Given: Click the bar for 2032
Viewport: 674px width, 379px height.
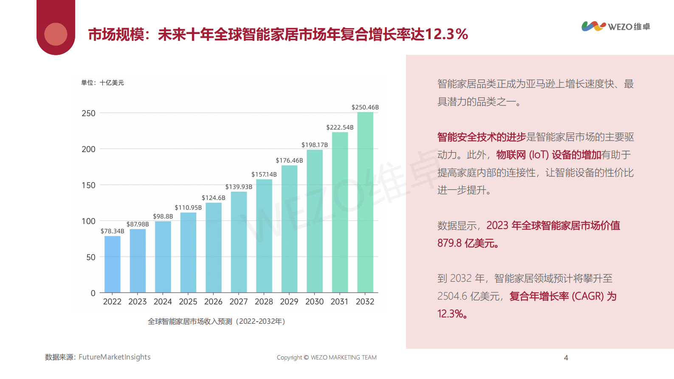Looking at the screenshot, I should point(365,202).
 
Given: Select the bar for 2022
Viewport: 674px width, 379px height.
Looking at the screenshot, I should point(113,264).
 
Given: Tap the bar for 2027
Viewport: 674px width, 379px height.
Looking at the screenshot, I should point(239,242).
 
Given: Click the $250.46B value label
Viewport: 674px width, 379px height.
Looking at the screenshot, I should point(365,107).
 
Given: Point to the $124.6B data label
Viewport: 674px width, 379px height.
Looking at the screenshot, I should point(214,198).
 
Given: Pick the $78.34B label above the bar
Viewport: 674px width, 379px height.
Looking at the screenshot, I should point(113,231).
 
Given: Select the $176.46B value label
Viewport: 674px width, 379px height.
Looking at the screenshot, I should point(289,161).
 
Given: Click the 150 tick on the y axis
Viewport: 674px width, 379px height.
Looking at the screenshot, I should point(88,185).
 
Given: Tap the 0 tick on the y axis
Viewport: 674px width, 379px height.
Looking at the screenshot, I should point(93,293).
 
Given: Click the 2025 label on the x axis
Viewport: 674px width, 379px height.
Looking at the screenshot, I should point(188,302).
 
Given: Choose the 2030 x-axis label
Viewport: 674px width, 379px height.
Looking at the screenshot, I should point(314,302).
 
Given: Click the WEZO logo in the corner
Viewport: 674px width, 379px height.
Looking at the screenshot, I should point(615,26).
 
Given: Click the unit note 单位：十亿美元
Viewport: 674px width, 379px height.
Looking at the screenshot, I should point(102,83).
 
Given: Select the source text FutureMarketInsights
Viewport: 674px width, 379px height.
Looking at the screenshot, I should point(114,357).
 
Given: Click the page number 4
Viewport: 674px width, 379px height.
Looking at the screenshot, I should point(566,358).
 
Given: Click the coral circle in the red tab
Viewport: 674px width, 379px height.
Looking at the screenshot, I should point(56,34).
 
